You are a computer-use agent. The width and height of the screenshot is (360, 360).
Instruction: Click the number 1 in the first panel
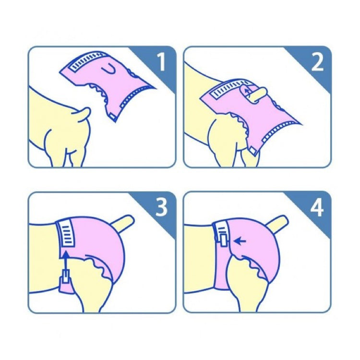pyautogui.click(x=162, y=62)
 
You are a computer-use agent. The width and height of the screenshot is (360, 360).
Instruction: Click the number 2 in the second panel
pyautogui.click(x=317, y=62)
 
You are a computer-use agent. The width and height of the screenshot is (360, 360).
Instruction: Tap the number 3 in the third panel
pyautogui.click(x=161, y=207)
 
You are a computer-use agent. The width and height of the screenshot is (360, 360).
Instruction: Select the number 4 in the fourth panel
pyautogui.click(x=317, y=207)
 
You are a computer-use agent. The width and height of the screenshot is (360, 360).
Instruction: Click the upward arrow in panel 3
pyautogui.click(x=66, y=262)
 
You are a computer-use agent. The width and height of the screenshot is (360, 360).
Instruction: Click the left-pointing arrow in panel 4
pyautogui.click(x=240, y=241)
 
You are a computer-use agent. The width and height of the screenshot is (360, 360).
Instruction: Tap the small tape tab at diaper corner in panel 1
pyautogui.click(x=113, y=117)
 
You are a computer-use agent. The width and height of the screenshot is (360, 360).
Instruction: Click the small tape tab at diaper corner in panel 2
pyautogui.click(x=253, y=151)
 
